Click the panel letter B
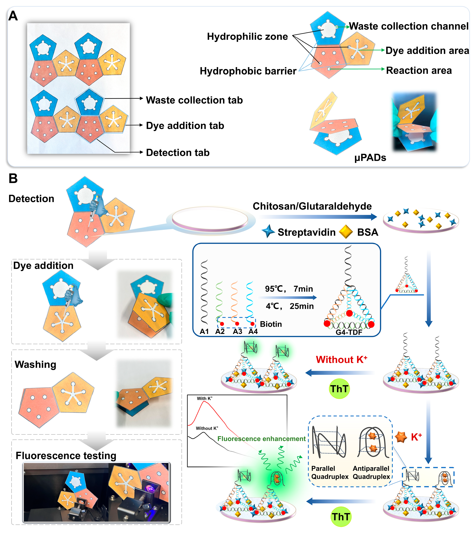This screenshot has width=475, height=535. (13, 179)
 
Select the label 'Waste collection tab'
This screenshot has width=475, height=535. (194, 100)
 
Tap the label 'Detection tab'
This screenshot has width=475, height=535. (178, 153)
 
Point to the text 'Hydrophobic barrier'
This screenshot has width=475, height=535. (248, 71)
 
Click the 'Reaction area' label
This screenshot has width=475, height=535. (419, 70)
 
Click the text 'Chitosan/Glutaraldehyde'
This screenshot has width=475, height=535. (312, 206)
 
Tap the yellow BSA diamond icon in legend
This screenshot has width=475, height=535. (346, 232)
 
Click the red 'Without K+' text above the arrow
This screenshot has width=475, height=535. (341, 360)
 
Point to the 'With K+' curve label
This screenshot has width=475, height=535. (205, 398)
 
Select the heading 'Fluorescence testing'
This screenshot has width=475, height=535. (66, 456)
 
